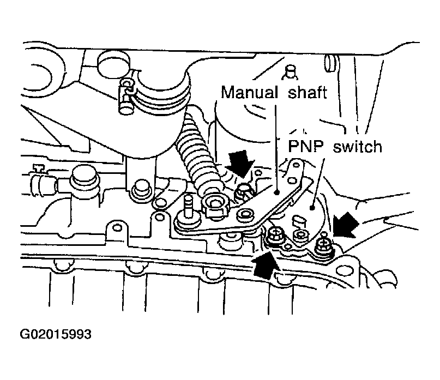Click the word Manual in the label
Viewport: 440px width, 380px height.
[x=249, y=92]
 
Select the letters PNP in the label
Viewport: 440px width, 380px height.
[x=306, y=146]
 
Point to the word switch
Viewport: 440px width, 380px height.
[x=358, y=146]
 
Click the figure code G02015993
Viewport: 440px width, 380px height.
[x=56, y=334]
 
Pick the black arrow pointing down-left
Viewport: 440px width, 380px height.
[x=346, y=225]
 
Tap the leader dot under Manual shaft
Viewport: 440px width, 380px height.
[x=277, y=192]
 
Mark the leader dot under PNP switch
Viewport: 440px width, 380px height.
[x=311, y=208]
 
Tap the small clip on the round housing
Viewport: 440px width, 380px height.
[x=126, y=95]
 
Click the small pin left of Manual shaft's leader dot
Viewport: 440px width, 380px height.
[x=245, y=214]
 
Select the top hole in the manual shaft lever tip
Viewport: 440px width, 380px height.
[x=296, y=165]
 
